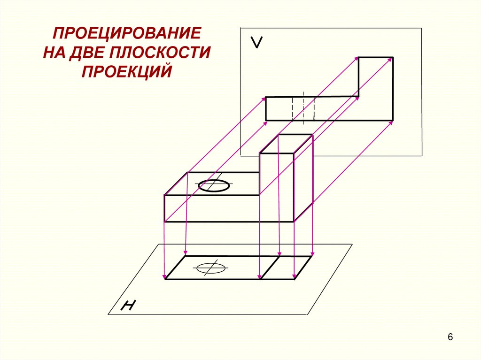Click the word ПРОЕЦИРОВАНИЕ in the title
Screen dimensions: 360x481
[x=126, y=34]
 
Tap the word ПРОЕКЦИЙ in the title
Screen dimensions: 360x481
[x=127, y=71]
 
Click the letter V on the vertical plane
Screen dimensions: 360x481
[x=256, y=43]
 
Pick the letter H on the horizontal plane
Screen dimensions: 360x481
[x=128, y=306]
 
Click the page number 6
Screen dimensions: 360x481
[x=450, y=337]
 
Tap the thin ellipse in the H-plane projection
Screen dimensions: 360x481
[x=210, y=268]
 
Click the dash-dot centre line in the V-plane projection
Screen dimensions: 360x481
[x=303, y=108]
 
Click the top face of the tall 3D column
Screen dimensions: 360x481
[x=286, y=144]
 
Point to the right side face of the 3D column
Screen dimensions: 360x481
[x=303, y=178]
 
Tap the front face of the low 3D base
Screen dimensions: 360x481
[x=211, y=208]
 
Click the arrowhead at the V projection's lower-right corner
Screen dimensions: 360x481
[x=391, y=122]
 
